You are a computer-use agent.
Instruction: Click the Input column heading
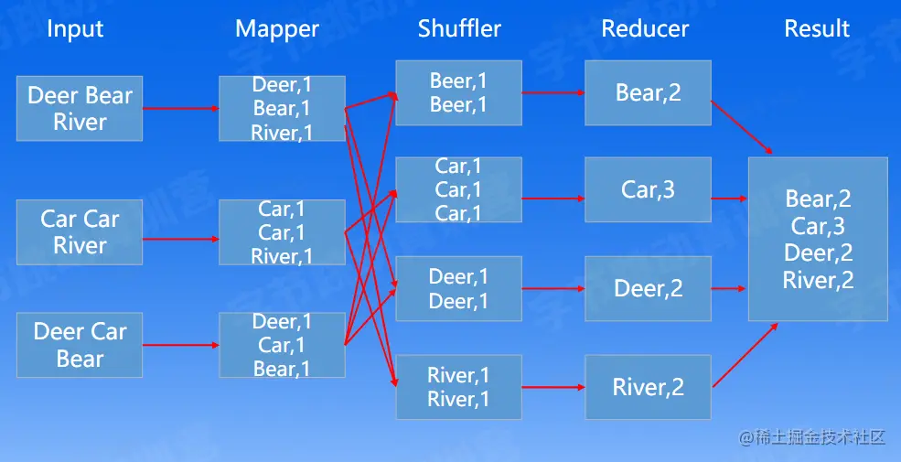coord(75,29)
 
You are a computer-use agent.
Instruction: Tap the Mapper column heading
coord(277,29)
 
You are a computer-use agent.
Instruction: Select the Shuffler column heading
coord(459,28)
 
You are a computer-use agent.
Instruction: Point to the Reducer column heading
coord(645,29)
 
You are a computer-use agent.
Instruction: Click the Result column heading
coord(817,29)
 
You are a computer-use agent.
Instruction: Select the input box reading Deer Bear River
coord(80,108)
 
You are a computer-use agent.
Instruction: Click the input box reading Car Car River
coord(80,232)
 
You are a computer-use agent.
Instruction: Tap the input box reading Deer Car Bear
coord(80,345)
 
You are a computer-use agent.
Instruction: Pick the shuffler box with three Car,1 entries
coord(458,189)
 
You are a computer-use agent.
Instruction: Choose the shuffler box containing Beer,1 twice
coord(458,92)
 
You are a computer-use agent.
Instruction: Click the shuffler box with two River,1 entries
coord(458,387)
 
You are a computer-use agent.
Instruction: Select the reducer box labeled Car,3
coord(649,189)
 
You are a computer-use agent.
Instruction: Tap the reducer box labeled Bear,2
coord(649,92)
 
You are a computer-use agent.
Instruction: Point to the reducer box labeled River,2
coord(649,387)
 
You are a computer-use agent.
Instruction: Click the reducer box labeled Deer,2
coord(649,289)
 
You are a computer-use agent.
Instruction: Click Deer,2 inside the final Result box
coord(818,253)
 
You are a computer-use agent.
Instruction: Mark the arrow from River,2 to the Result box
coord(743,355)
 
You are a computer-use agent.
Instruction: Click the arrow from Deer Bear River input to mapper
coord(181,108)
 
